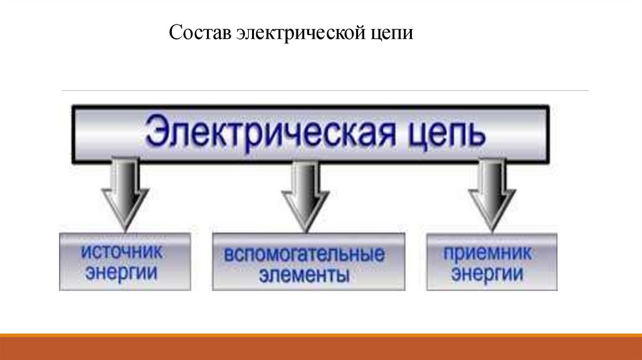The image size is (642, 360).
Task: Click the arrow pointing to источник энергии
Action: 125,194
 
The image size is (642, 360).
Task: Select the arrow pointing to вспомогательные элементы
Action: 305,194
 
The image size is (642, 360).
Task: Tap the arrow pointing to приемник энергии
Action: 492,194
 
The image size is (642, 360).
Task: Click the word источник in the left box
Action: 122,253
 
